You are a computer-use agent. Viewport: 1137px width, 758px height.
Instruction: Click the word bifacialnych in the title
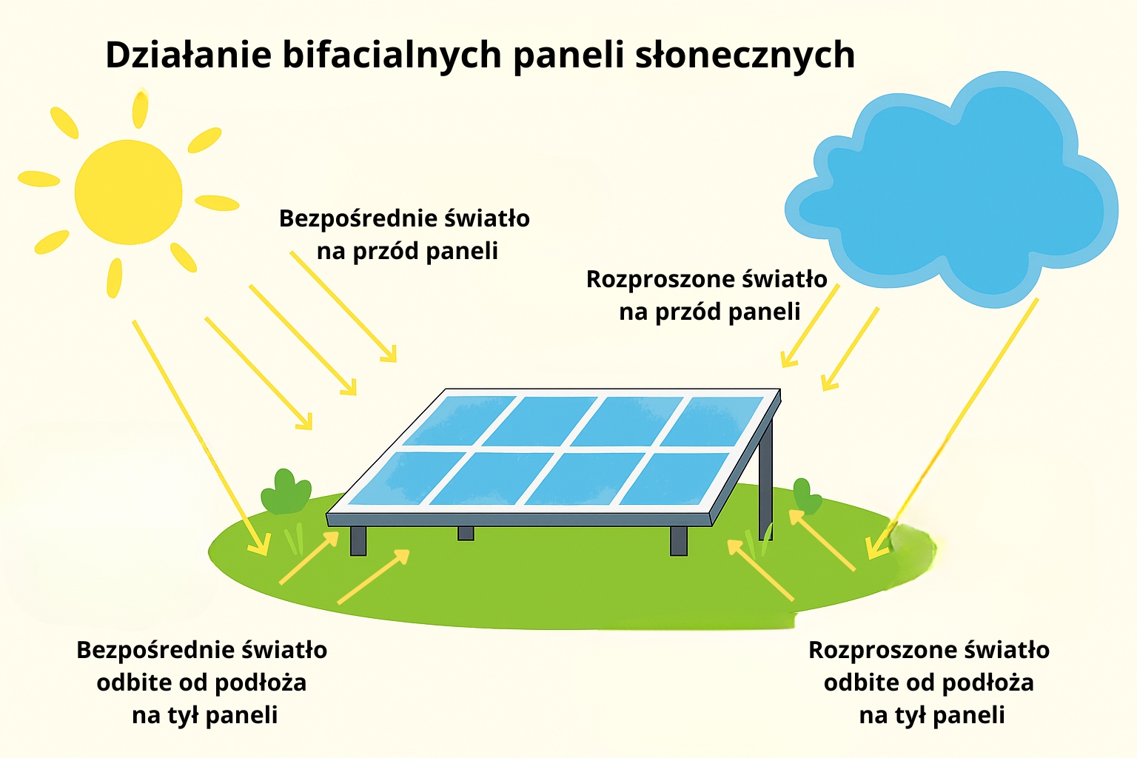click(x=392, y=55)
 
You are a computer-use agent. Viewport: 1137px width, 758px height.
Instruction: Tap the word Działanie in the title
click(x=188, y=54)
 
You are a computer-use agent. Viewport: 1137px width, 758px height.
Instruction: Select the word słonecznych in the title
click(x=745, y=55)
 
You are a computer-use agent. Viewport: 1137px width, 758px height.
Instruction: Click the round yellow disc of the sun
click(x=128, y=192)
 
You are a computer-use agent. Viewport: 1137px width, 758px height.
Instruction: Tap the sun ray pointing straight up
click(x=140, y=108)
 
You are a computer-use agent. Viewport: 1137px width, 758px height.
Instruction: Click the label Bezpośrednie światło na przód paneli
click(x=405, y=235)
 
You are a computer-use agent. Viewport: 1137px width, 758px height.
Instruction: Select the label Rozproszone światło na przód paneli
click(x=707, y=295)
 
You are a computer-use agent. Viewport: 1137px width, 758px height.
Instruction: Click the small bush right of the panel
click(x=806, y=497)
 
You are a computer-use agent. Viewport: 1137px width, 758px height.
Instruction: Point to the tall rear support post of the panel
click(x=766, y=480)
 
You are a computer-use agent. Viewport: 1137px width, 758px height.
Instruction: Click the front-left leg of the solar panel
click(x=358, y=540)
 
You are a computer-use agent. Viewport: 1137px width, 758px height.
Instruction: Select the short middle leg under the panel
click(x=466, y=533)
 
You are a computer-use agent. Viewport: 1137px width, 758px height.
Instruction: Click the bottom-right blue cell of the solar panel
click(x=675, y=479)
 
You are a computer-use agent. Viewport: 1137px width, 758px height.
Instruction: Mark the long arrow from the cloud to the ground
click(x=953, y=429)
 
